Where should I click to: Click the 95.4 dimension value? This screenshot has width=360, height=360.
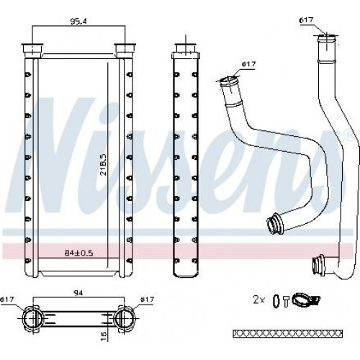coord(78,21)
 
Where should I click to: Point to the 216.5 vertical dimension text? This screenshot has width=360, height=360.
coord(104,165)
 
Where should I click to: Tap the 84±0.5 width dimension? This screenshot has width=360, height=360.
coord(78,253)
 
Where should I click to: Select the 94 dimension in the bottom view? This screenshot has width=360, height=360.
coord(78,293)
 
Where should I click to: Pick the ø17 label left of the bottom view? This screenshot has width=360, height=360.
coord(7,300)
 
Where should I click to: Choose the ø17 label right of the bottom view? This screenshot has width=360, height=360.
coord(147,300)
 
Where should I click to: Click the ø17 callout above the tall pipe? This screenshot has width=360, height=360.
coord(306,20)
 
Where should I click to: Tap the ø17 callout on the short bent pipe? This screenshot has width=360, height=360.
coord(249,64)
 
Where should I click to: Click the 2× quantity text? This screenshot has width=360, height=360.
coord(258,300)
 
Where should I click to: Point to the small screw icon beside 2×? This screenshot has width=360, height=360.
coord(286,301)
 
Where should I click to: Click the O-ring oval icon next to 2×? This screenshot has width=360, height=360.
coord(276,301)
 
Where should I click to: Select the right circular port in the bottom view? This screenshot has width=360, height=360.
coord(123,318)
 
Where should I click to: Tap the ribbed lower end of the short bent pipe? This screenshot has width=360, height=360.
coord(275,223)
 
